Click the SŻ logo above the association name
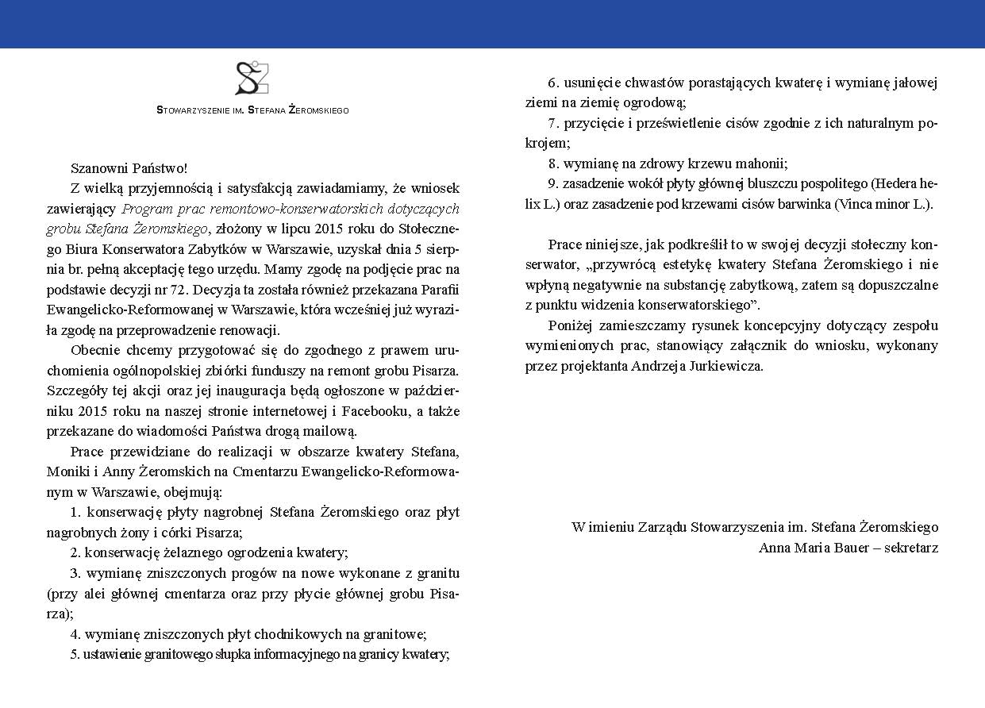[x=252, y=78]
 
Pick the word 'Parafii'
[x=438, y=290]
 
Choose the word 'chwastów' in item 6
[x=637, y=83]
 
